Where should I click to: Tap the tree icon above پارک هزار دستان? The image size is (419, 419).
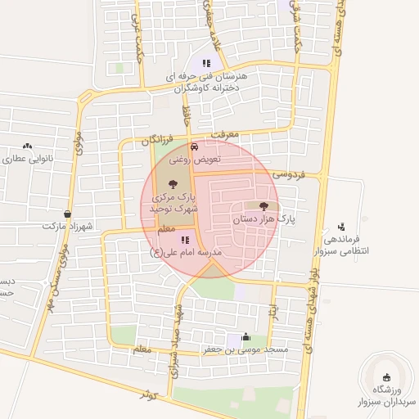click(264, 206)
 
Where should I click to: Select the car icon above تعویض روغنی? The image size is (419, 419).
click(194, 147)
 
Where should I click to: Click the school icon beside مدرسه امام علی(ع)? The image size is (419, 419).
click(185, 240)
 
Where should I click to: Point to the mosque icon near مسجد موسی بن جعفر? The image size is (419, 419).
click(246, 337)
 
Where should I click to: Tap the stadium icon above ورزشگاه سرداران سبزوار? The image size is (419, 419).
click(387, 377)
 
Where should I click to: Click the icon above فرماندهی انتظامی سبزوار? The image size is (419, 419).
click(341, 226)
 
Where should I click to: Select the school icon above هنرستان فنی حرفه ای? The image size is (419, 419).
click(206, 63)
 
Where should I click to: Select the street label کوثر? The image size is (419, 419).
click(147, 394)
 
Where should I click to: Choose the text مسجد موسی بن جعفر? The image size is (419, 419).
click(246, 350)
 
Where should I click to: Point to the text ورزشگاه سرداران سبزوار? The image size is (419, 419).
click(387, 396)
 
